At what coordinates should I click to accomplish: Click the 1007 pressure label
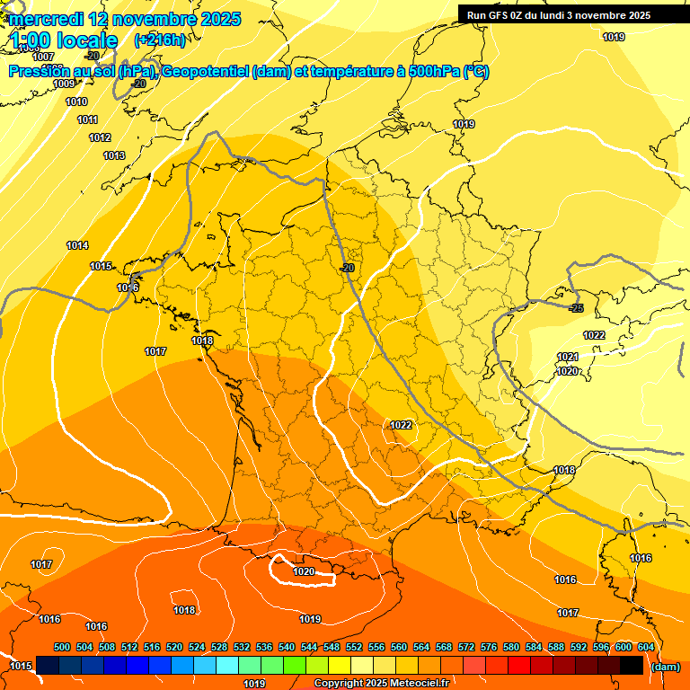tap(43, 57)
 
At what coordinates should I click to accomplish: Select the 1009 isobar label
tap(64, 84)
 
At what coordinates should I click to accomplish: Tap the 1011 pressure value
tap(87, 119)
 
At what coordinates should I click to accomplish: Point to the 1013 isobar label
tap(114, 155)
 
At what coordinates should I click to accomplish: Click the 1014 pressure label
tap(77, 245)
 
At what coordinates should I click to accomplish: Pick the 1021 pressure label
tap(568, 357)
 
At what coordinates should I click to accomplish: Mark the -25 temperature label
tap(577, 308)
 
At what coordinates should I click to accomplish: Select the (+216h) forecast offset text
tap(160, 40)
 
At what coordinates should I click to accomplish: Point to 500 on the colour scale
tap(62, 647)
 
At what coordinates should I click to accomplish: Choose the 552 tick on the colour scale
tap(354, 647)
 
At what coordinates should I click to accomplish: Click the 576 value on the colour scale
tap(489, 647)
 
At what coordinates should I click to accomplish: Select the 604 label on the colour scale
tap(646, 647)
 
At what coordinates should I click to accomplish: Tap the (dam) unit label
tap(665, 667)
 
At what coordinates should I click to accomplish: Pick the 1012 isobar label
tap(100, 137)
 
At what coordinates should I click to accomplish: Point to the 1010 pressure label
tap(76, 102)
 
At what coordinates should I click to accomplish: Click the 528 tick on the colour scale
tap(219, 647)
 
